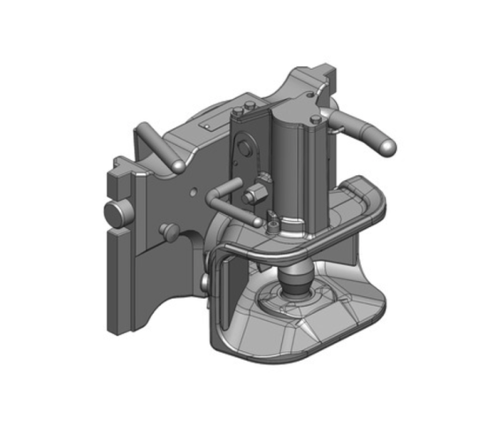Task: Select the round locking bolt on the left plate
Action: pos(117,213)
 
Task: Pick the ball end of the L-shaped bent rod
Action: pos(257,218)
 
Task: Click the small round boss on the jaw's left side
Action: pos(206,279)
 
